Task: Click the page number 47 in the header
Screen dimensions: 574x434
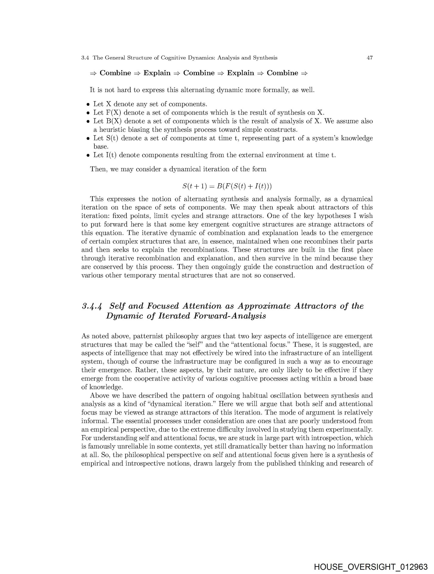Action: pyautogui.click(x=369, y=58)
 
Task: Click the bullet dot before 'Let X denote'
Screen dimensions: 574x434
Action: pyautogui.click(x=88, y=105)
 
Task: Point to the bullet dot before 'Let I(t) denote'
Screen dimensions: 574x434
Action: pyautogui.click(x=88, y=156)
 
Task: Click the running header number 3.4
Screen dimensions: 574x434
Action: pyautogui.click(x=85, y=58)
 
